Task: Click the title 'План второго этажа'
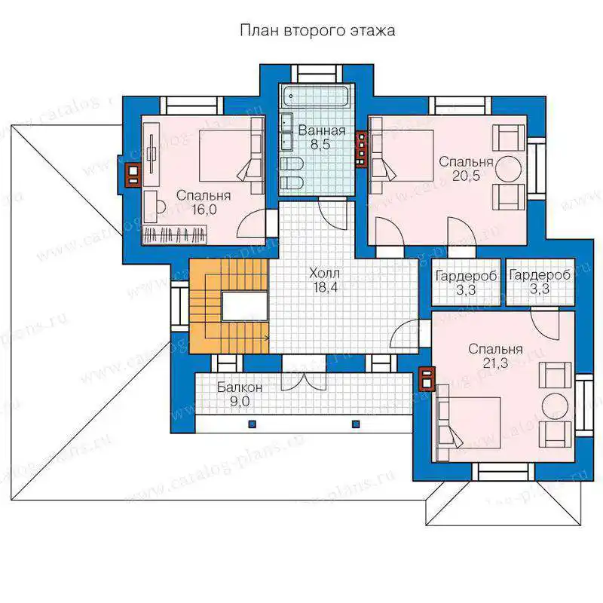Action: point(317,30)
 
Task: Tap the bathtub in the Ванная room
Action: point(315,96)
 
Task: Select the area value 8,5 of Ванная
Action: point(320,145)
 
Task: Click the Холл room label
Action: point(324,274)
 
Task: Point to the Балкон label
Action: point(240,387)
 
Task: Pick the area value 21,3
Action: point(495,363)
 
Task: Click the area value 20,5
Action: point(466,176)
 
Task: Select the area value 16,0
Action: point(204,210)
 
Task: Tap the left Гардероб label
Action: point(466,276)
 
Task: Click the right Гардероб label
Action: point(540,275)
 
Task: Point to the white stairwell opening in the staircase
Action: point(244,306)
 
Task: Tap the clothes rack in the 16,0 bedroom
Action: point(175,234)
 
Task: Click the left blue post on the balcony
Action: point(253,424)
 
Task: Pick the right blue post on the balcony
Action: point(356,424)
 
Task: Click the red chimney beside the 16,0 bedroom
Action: point(133,175)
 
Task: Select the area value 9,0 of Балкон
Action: point(240,402)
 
